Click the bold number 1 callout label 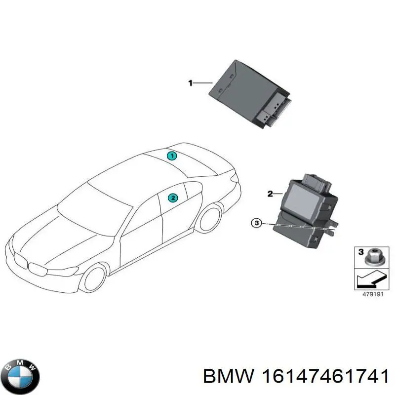click(x=191, y=83)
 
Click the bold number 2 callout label click(x=270, y=194)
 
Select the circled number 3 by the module click(x=256, y=223)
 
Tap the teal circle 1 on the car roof click(x=172, y=156)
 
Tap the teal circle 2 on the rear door click(x=173, y=198)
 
